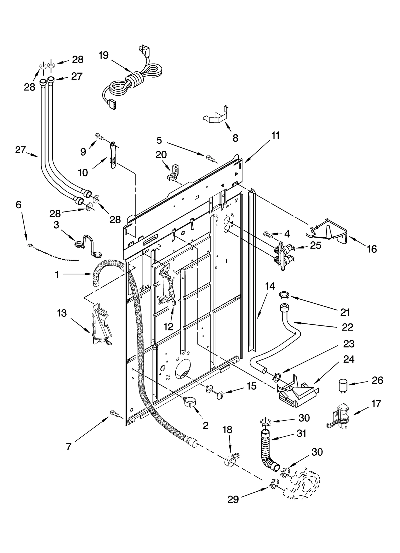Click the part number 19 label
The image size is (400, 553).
[103, 55]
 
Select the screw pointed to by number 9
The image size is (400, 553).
[99, 136]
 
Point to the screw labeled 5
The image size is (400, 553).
[209, 158]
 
